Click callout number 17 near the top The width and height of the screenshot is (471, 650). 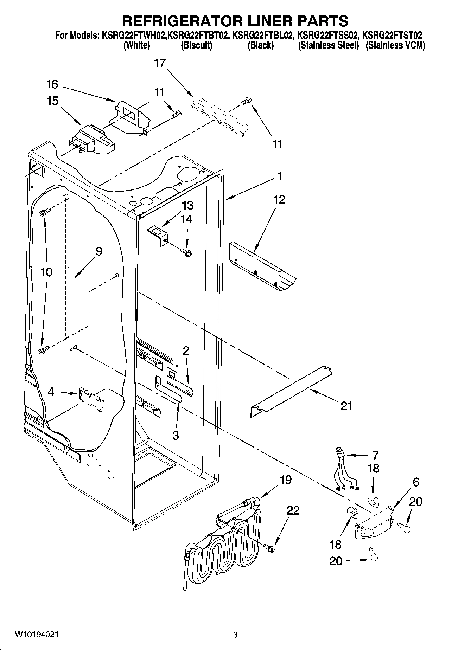pos(159,63)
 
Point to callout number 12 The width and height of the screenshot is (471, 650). pos(279,199)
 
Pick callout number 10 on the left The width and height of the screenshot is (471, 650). pos(46,272)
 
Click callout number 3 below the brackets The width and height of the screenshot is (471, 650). pos(176,435)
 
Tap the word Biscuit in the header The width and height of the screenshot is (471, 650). pos(196,46)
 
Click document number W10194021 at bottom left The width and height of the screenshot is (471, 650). pos(37,635)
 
